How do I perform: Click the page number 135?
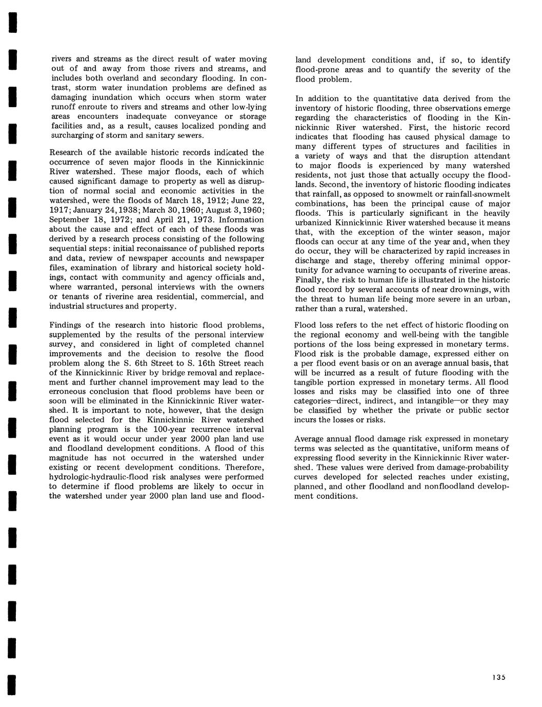(499, 677)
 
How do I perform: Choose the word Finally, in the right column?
(310, 280)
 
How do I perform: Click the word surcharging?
(73, 136)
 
